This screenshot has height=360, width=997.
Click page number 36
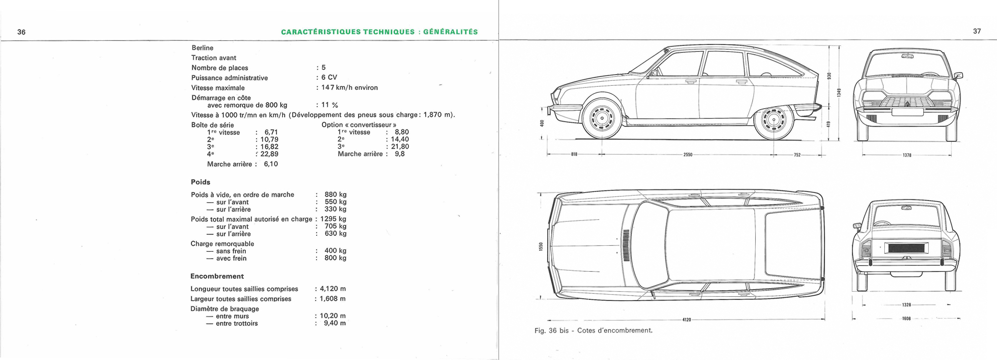pos(21,32)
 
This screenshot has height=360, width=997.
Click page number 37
pos(977,31)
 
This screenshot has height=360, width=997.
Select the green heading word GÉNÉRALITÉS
pos(450,32)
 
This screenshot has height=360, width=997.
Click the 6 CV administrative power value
pos(329,78)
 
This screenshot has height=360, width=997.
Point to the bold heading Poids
pos(200,182)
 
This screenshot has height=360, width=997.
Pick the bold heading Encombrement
pos(217,276)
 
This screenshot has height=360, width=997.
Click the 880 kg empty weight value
pos(335,195)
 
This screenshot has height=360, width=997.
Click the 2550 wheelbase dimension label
pos(688,155)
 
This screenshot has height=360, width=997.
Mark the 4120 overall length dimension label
pos(686,320)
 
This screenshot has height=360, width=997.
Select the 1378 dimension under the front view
pos(907,156)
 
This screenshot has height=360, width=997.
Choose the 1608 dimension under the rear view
pos(906,319)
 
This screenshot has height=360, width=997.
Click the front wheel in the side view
pos(602,119)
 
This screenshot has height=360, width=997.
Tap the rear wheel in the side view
pos(774,120)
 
